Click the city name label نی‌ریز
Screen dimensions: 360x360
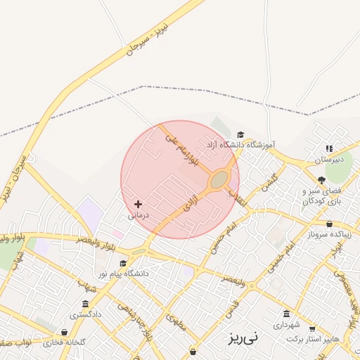point(243,337)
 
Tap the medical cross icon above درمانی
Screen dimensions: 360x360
point(138,203)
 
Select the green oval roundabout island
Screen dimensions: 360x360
point(220,180)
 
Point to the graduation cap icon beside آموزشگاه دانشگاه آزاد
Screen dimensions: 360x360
point(240,134)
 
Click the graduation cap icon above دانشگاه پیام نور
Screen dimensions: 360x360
point(123,263)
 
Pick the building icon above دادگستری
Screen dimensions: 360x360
point(85,304)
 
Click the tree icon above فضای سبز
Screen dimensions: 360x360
point(322,180)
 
